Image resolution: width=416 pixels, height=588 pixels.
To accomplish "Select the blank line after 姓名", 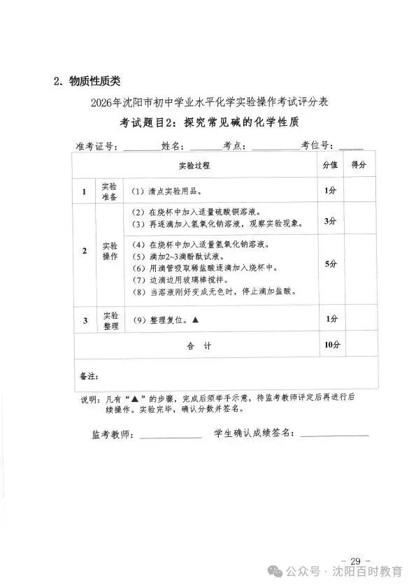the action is tap(205, 148).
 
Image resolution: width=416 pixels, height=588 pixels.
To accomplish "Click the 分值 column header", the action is tap(330, 166).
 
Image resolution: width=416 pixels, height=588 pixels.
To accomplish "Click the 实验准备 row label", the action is tap(110, 191).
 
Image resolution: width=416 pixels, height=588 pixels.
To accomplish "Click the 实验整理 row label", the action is tap(110, 320).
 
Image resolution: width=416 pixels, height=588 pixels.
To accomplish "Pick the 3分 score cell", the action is tap(330, 220).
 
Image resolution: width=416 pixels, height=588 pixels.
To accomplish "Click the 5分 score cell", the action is tap(330, 264).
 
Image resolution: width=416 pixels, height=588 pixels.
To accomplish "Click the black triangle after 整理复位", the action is tap(195, 320).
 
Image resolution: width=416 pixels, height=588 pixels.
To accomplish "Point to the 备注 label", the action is tap(87, 376).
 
